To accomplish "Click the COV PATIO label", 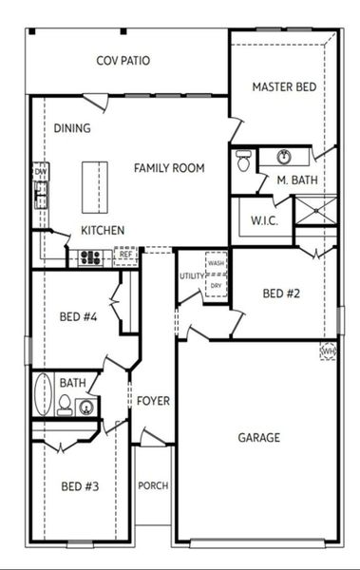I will [123, 61].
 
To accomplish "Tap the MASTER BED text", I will [284, 87].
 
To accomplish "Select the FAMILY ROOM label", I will [169, 168].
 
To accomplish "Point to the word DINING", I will [72, 129].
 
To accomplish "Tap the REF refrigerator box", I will [125, 255].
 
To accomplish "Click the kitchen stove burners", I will [91, 256].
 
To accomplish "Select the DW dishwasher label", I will [40, 171].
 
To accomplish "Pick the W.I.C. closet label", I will [263, 221].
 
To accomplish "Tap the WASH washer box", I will [217, 263].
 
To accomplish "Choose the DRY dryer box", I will [217, 285].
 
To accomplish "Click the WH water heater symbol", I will [329, 351].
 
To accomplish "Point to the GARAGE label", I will [258, 438].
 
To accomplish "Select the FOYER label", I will [153, 401].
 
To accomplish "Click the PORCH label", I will [153, 485].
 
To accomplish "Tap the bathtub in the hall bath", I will [41, 395].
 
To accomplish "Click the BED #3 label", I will [80, 487].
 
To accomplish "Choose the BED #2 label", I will [281, 294].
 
